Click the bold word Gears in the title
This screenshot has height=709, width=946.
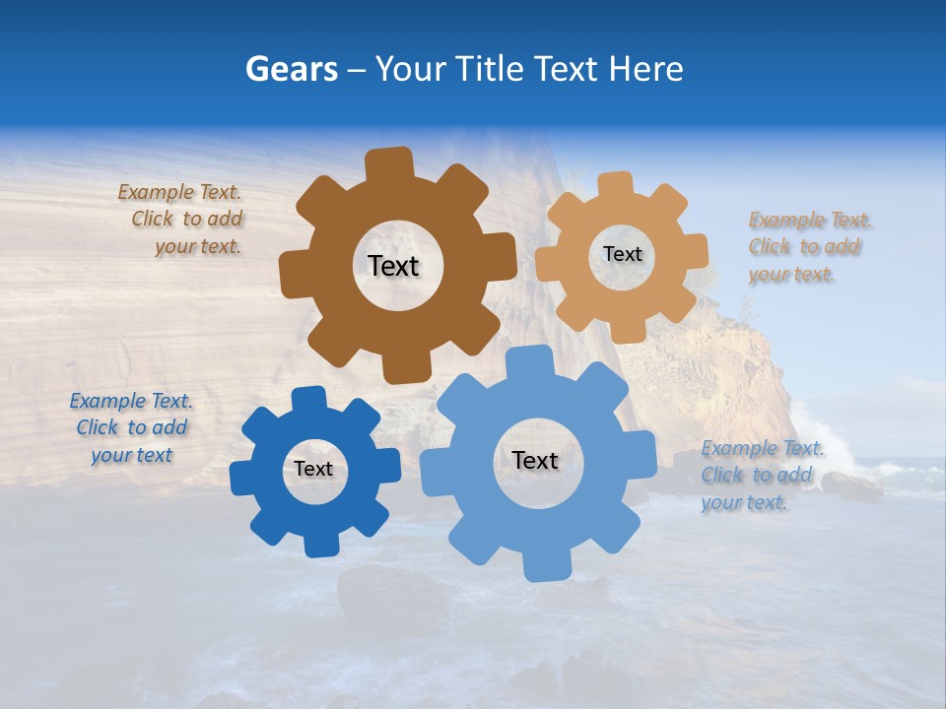pos(291,69)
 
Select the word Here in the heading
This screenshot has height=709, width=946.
pos(645,69)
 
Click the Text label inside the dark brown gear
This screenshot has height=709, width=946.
pos(393,266)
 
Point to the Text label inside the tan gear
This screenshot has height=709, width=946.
pos(622,254)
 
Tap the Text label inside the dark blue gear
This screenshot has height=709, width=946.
pos(313,470)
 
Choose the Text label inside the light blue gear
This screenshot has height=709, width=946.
pos(535,461)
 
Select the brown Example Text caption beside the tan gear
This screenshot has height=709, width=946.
pos(805,247)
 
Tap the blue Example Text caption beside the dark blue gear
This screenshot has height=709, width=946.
pos(131,428)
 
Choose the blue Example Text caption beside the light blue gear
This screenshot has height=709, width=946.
pos(759,476)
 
